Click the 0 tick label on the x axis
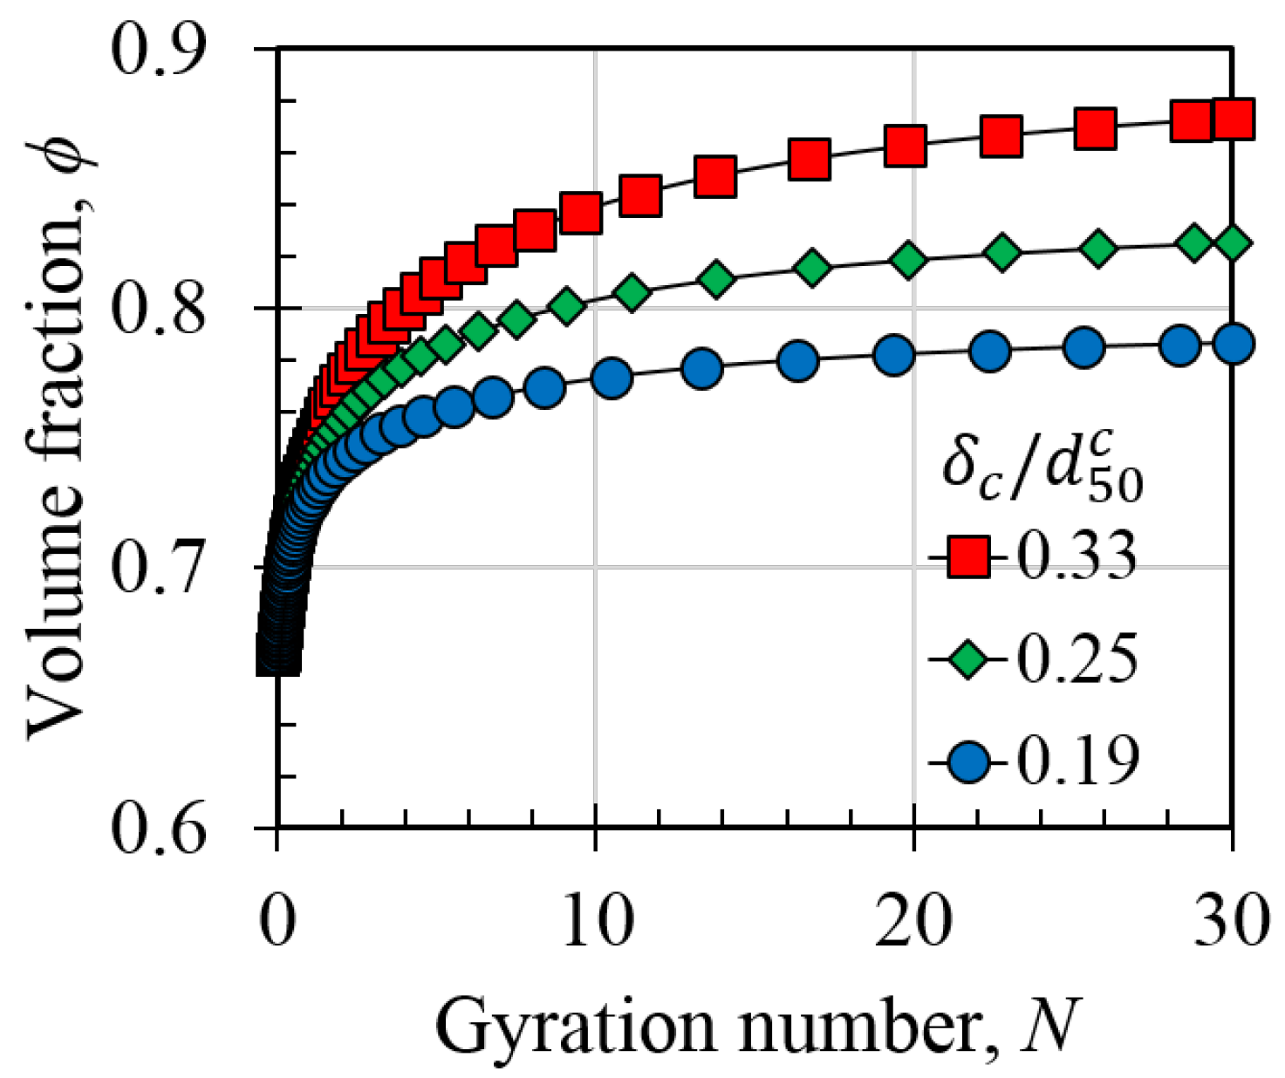click(277, 923)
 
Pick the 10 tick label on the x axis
click(595, 923)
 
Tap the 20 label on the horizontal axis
click(913, 923)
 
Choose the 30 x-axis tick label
click(1230, 923)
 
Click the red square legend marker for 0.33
click(968, 556)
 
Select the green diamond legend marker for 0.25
click(968, 659)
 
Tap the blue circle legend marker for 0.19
click(968, 762)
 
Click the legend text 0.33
click(1078, 556)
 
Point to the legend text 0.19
click(1078, 762)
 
